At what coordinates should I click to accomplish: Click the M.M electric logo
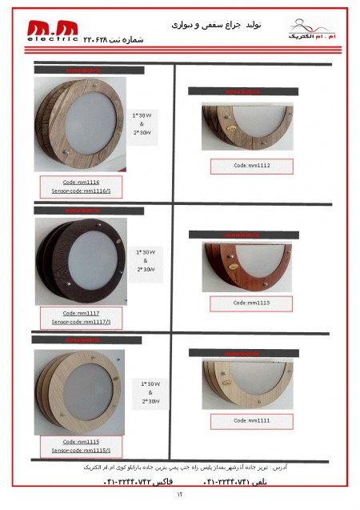52,30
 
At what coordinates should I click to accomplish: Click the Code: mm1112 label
251,166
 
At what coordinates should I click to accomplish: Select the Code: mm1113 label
251,303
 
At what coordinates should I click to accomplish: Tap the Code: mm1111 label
251,420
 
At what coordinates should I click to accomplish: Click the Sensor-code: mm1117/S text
81,322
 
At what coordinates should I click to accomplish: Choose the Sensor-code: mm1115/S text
81,451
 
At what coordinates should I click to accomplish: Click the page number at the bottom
180,495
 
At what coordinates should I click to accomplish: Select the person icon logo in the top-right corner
312,30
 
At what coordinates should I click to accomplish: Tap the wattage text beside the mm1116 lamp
142,123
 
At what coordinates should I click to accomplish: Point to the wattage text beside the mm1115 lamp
150,392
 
